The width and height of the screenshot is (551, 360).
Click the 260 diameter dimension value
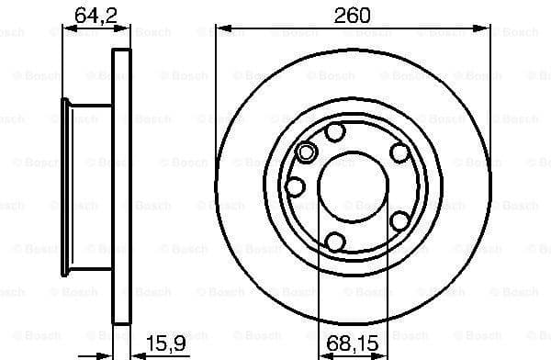click(354, 15)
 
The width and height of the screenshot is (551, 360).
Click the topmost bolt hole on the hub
click(335, 132)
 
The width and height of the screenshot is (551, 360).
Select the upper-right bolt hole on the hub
click(399, 153)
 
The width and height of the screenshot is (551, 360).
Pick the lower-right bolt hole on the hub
click(399, 220)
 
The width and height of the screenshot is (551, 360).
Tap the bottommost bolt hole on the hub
click(335, 242)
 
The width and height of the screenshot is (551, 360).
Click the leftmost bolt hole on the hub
click(295, 186)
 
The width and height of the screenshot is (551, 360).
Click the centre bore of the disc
click(354, 186)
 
